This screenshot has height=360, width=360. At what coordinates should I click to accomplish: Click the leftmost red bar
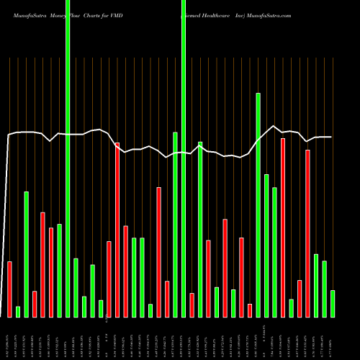10,289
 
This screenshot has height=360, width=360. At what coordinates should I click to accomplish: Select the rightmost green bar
333,303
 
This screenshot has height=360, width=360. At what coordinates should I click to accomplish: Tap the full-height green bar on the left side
68,187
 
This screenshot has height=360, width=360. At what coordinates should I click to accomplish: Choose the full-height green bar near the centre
184,187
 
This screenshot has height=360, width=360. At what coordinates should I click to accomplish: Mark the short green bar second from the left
18,311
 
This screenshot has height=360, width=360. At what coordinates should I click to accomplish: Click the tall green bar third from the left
27,254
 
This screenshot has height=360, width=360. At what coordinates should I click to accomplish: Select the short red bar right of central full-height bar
192,305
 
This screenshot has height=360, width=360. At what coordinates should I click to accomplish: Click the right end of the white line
331,137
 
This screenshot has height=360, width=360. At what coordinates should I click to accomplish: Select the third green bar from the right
316,285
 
